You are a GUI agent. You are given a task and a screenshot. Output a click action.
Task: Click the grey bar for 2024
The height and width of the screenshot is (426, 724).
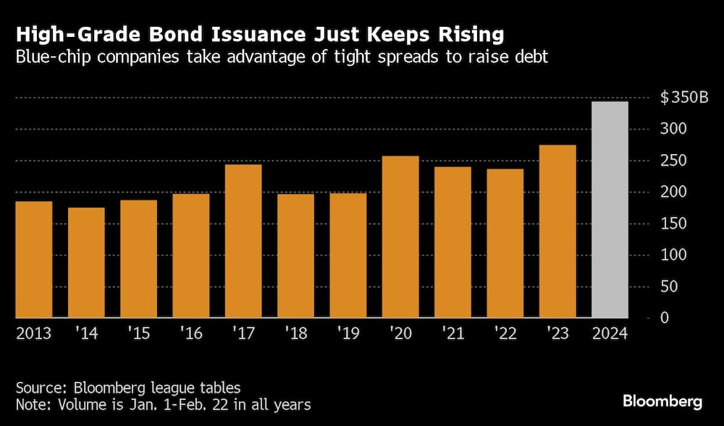pyautogui.click(x=610, y=210)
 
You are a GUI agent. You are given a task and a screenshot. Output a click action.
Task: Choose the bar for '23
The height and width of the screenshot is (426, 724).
pyautogui.click(x=557, y=231)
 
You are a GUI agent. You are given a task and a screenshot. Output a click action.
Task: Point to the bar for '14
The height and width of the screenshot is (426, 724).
pyautogui.click(x=86, y=263)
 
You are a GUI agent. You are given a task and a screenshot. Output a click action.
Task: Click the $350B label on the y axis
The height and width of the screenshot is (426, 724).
pyautogui.click(x=683, y=98)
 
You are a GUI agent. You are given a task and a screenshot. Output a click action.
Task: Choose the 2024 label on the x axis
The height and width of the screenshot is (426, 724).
pyautogui.click(x=610, y=334)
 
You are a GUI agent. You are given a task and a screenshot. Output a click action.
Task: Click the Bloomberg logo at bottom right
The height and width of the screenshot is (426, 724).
pyautogui.click(x=662, y=401)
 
